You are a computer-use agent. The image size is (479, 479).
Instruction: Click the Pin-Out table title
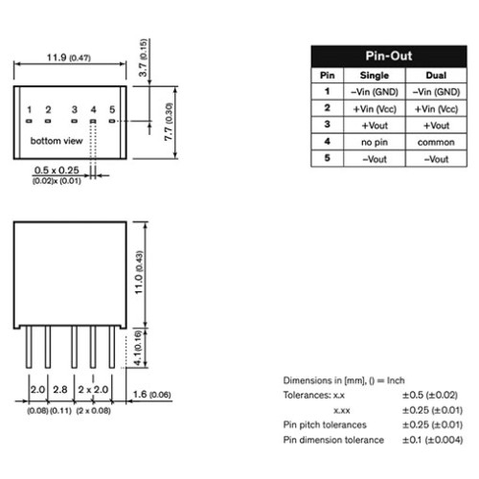pyautogui.click(x=389, y=56)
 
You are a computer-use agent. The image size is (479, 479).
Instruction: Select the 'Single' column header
pyautogui.click(x=375, y=76)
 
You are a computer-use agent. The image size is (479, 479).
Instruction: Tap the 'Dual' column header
pyautogui.click(x=436, y=76)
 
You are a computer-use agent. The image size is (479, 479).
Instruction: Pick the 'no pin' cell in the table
pyautogui.click(x=375, y=142)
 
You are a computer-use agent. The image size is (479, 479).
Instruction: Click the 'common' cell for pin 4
pyautogui.click(x=436, y=142)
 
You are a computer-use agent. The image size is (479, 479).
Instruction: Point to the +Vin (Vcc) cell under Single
pyautogui.click(x=375, y=109)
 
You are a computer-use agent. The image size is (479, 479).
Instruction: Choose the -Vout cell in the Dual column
pyautogui.click(x=436, y=159)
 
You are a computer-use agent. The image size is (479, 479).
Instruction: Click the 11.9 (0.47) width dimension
pyautogui.click(x=69, y=57)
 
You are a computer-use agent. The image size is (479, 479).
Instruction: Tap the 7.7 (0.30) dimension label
pyautogui.click(x=169, y=122)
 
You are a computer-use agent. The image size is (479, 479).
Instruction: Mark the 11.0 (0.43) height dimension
pyautogui.click(x=139, y=272)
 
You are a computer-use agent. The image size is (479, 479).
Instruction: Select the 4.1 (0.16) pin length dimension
pyautogui.click(x=138, y=348)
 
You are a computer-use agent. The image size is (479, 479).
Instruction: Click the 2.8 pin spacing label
pyautogui.click(x=60, y=390)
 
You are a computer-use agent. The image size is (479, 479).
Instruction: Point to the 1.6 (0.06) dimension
pyautogui.click(x=151, y=395)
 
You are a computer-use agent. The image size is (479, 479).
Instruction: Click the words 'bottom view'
pyautogui.click(x=57, y=141)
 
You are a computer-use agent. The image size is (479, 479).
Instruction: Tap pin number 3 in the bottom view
pyautogui.click(x=75, y=110)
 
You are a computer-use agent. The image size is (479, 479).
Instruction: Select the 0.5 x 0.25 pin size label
pyautogui.click(x=57, y=171)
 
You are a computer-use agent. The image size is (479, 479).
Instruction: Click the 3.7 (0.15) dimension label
pyautogui.click(x=143, y=57)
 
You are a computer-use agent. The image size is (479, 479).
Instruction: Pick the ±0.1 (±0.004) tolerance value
pyautogui.click(x=432, y=440)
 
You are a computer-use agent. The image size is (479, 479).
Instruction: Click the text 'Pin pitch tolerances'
pyautogui.click(x=325, y=424)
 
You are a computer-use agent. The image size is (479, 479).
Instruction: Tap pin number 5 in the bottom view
pyautogui.click(x=112, y=110)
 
